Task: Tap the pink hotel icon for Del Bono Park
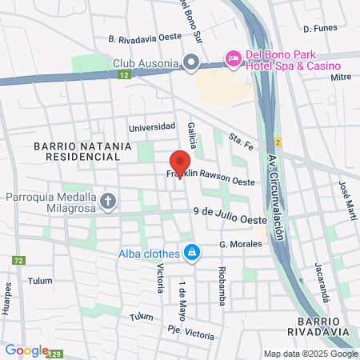click(233, 58)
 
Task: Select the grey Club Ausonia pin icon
click(191, 62)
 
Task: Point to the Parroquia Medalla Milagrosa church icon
click(107, 200)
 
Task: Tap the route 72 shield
click(18, 261)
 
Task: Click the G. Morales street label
click(240, 245)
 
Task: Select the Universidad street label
click(152, 126)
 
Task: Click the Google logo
click(26, 350)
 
